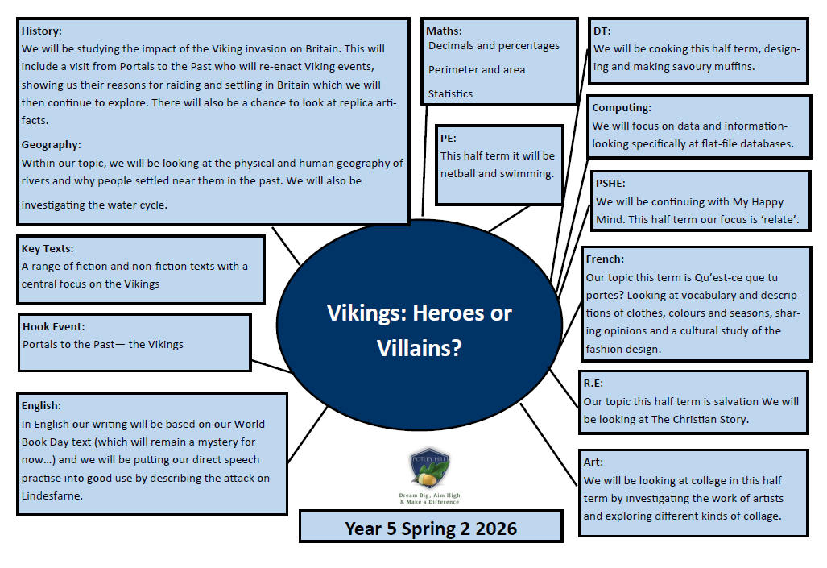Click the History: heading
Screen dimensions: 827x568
coord(41,31)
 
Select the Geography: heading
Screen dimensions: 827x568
coord(52,145)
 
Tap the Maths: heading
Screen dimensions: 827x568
coord(444,31)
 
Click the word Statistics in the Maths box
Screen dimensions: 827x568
coord(450,94)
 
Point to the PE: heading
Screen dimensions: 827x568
coord(449,139)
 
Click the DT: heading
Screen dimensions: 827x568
coord(602,31)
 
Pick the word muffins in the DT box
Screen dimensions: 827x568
coord(734,67)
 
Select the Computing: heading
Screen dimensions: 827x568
coord(622,108)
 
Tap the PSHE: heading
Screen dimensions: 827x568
coord(610,184)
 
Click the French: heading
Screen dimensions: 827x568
coord(605,259)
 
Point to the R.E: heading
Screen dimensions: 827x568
coord(593,384)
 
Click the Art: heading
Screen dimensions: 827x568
coord(593,462)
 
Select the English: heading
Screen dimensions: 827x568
coord(41,405)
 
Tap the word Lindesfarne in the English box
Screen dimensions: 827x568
coord(52,496)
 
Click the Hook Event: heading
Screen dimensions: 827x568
coord(53,327)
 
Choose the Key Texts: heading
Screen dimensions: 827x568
coord(48,249)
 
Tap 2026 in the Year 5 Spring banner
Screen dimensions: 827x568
coord(496,529)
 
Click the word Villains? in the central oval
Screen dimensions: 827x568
coord(419,348)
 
